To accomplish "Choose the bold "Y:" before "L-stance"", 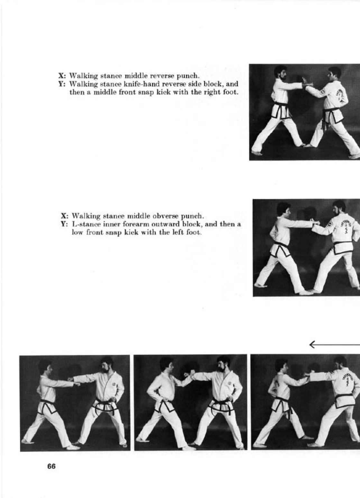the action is (64, 224).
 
